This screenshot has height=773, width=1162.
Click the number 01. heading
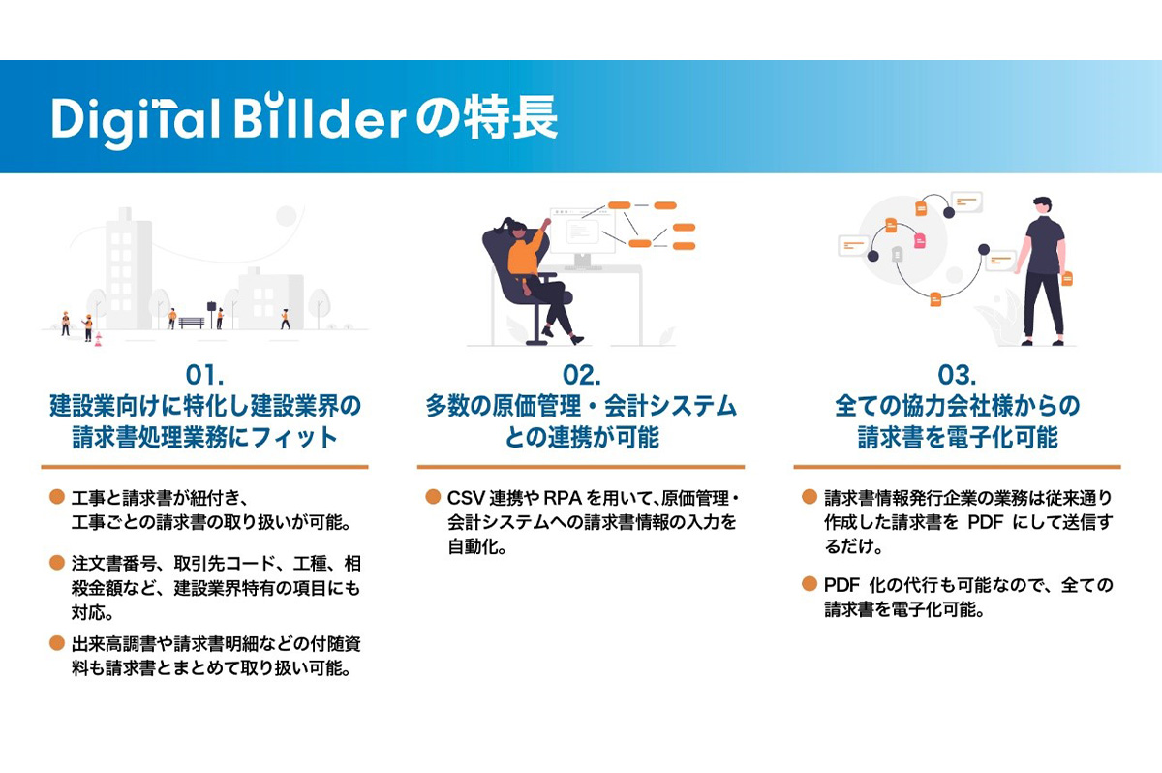pos(205,375)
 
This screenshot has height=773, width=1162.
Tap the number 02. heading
pos(582,375)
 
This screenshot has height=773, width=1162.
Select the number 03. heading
pos(957,375)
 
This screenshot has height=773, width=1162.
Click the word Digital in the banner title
pos(136,121)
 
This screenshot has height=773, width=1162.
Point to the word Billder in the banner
pos(321,117)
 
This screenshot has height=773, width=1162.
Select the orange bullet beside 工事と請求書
pos(56,497)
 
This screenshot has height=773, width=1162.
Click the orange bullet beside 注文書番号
pos(56,563)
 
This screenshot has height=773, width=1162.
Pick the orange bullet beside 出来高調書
pos(56,643)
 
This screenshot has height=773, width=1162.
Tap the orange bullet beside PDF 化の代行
pos(810,584)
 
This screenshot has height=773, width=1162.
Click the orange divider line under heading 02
pos(581,467)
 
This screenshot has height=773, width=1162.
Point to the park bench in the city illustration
pos(192,323)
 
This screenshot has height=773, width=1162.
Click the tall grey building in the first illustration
pos(128,268)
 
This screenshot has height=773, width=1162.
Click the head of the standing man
pos(1042,206)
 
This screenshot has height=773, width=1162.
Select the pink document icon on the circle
pos(920,241)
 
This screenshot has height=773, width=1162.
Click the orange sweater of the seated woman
pos(525,255)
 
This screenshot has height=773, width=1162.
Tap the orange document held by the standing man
pos(1067,279)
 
